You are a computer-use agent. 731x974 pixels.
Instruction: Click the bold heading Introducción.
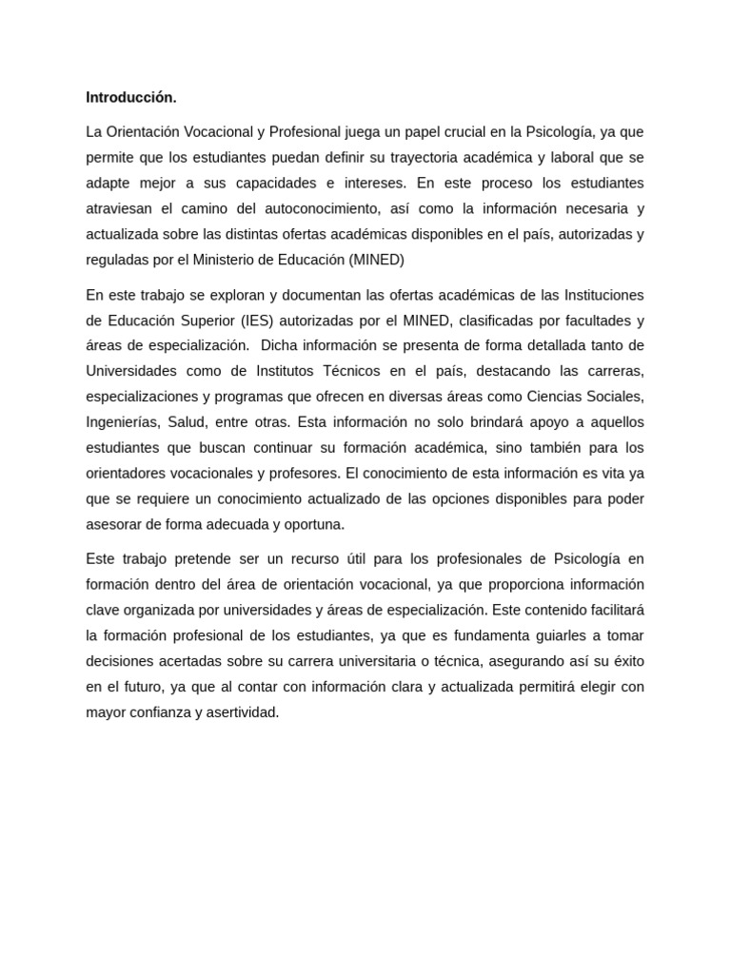pos(131,97)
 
